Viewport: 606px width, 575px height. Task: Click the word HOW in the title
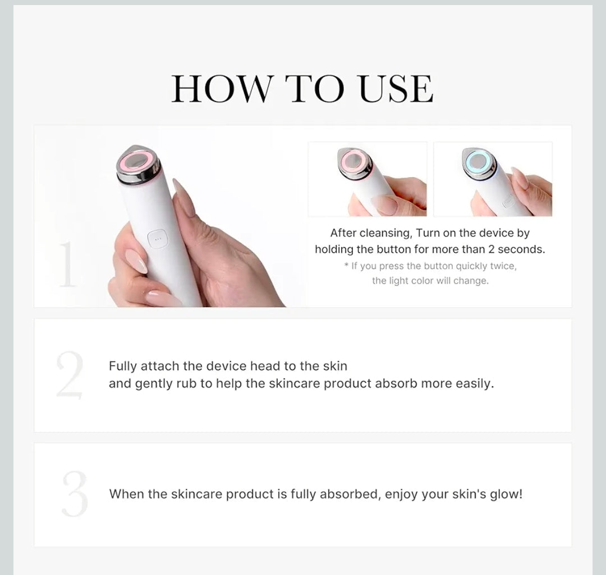tap(221, 89)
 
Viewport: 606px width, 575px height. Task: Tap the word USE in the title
tap(396, 89)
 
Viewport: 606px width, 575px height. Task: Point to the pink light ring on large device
tap(138, 162)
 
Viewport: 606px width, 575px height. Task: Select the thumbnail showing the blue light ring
tap(493, 179)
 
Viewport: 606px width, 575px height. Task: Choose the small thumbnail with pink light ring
tap(368, 179)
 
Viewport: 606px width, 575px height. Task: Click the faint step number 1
tap(67, 265)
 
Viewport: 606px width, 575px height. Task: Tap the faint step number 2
tap(70, 375)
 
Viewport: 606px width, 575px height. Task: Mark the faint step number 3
tap(75, 494)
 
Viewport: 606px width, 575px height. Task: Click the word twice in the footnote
tap(503, 266)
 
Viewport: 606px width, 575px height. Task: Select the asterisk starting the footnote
tap(346, 266)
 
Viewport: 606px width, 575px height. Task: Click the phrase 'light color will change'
tap(438, 281)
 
